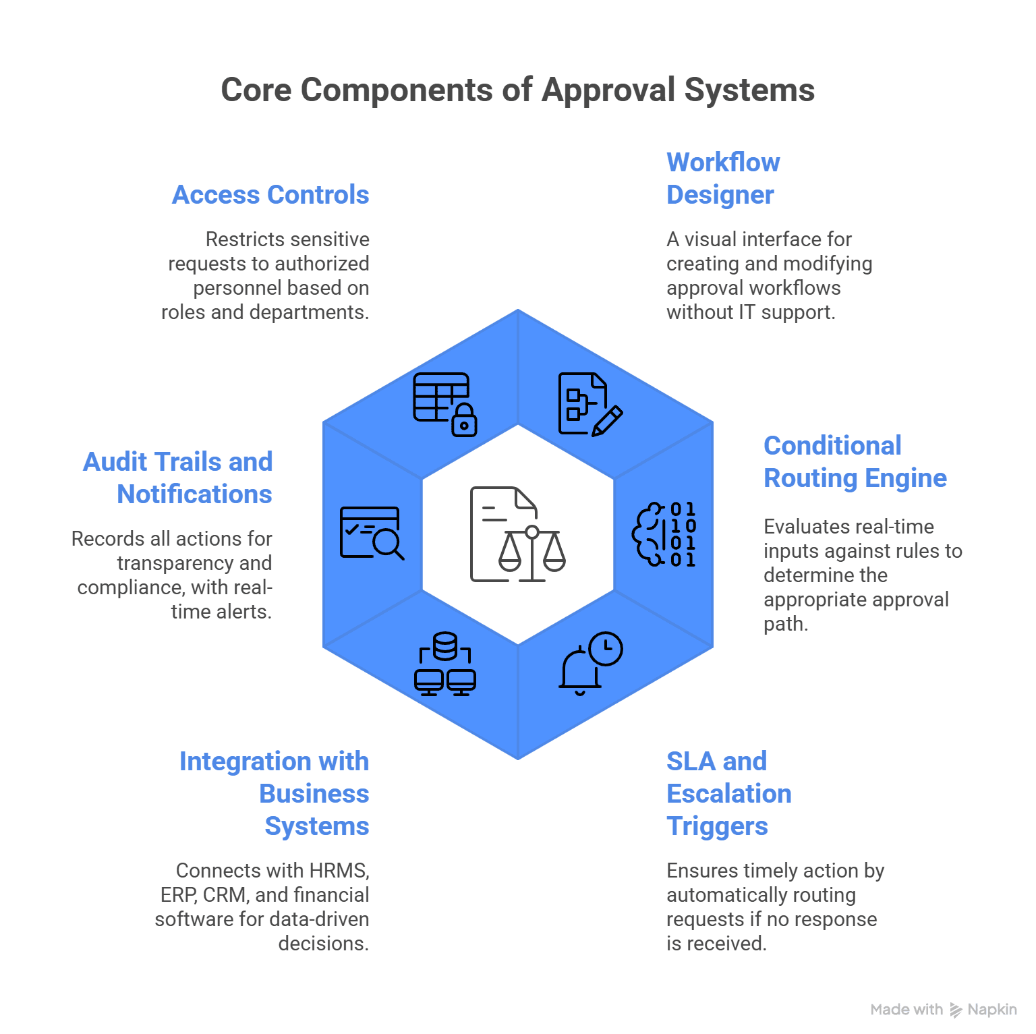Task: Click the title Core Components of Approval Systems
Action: (x=518, y=90)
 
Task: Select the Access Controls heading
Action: (x=270, y=195)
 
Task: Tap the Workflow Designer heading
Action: (x=723, y=179)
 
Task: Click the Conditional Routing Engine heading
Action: (x=855, y=462)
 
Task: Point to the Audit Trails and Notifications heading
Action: (x=177, y=478)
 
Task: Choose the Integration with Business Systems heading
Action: (x=274, y=794)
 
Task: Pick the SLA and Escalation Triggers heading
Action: (x=729, y=794)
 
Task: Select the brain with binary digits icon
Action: (x=664, y=534)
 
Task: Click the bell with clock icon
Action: (x=591, y=663)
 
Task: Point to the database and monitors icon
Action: (x=445, y=664)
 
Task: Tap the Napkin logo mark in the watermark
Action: (x=956, y=1010)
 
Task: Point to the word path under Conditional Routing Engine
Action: (x=786, y=624)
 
